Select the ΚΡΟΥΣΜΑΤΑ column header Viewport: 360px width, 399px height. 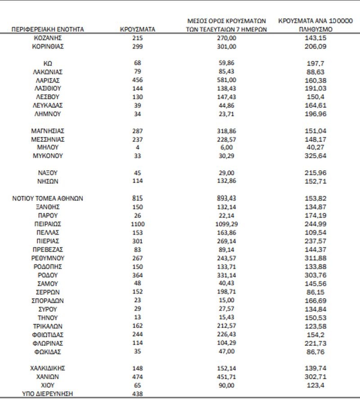pyautogui.click(x=138, y=29)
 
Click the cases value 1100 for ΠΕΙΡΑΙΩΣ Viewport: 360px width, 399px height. pyautogui.click(x=138, y=224)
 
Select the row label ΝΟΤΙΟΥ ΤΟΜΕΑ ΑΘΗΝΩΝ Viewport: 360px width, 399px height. pyautogui.click(x=48, y=198)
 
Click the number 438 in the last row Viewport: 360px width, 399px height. pyautogui.click(x=138, y=394)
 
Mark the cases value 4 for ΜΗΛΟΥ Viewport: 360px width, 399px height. pyautogui.click(x=138, y=148)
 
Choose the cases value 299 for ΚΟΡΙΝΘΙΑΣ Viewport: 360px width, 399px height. pyautogui.click(x=138, y=46)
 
